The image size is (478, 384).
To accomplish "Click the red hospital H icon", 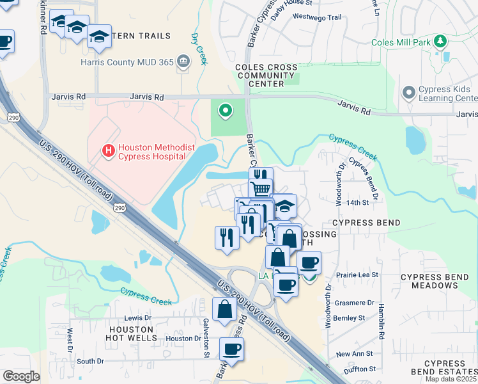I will click(108, 151).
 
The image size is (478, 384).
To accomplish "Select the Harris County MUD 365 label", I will click(128, 62).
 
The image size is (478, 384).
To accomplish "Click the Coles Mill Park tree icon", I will click(439, 42).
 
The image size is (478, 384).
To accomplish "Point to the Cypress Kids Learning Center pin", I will click(409, 93).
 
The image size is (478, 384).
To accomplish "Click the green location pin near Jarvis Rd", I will click(224, 111).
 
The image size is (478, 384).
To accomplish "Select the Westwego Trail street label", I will click(312, 17).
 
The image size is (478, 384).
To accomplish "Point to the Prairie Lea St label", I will click(357, 275).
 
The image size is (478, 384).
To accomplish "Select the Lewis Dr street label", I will click(137, 317).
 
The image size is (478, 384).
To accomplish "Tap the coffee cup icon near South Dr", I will click(231, 349).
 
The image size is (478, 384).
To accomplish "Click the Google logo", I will click(21, 376).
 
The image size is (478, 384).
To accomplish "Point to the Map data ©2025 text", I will click(451, 379).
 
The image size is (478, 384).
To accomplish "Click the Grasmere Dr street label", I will click(353, 303).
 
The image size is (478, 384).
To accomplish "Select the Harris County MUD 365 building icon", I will click(183, 62).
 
